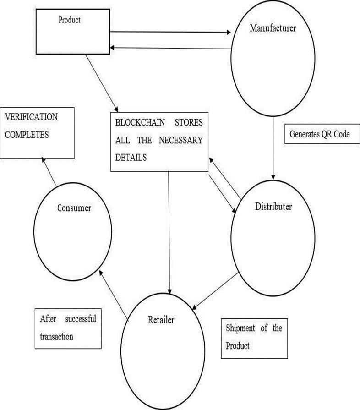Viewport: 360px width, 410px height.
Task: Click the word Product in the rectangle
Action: click(70, 20)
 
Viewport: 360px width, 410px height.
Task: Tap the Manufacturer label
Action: click(273, 28)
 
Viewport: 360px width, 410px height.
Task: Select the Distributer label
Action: click(273, 207)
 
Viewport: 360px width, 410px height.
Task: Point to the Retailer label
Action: click(161, 319)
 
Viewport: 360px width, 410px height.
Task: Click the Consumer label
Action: click(74, 208)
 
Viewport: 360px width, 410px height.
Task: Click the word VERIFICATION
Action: click(31, 117)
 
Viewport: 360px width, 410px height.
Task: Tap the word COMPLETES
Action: click(27, 136)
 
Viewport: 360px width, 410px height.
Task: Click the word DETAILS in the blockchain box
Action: click(131, 157)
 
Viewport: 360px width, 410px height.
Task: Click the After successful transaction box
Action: click(68, 328)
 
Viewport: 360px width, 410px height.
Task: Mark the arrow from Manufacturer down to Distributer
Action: click(273, 147)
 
